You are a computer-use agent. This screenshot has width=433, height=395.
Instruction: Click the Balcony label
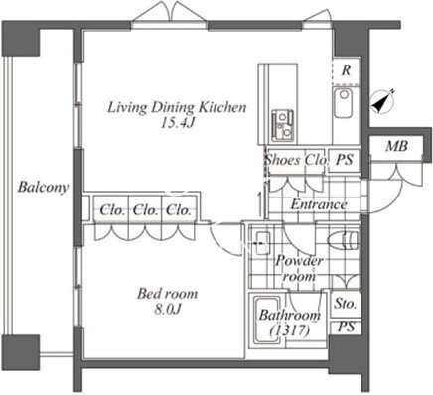(x=43, y=188)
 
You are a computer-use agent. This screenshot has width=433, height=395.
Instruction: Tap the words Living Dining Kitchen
(x=177, y=107)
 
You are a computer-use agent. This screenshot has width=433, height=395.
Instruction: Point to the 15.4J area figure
(x=177, y=123)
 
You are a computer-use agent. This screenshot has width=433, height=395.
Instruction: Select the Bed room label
(x=167, y=294)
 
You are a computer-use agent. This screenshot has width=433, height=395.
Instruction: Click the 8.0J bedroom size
(x=168, y=310)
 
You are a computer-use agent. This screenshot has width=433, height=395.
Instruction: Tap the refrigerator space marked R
(x=346, y=70)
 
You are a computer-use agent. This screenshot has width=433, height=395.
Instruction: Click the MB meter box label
(x=396, y=146)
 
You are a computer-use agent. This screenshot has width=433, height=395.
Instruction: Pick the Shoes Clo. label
(x=296, y=160)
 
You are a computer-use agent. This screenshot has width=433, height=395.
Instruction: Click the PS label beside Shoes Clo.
(x=345, y=160)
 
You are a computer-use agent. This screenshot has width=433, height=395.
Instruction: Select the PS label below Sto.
(x=346, y=327)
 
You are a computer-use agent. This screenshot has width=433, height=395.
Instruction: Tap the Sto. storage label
(x=346, y=303)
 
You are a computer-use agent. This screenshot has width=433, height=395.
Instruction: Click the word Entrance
(x=319, y=204)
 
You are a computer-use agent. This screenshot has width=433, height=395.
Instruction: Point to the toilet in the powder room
(x=344, y=240)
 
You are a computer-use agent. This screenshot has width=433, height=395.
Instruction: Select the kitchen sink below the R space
(x=343, y=103)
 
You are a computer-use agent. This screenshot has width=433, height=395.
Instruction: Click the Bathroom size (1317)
(x=290, y=330)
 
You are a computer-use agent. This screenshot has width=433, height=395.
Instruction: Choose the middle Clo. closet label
(x=145, y=210)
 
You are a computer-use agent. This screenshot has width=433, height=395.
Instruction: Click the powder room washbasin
(x=263, y=243)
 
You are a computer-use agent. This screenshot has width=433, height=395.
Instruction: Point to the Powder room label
(x=299, y=268)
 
